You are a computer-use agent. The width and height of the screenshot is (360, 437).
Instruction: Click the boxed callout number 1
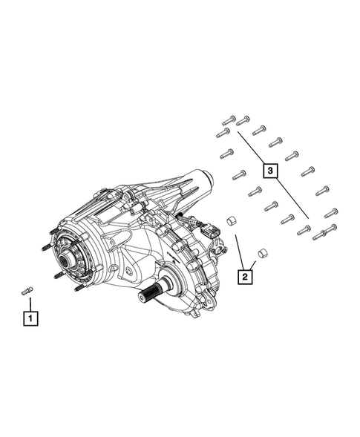click(x=30, y=319)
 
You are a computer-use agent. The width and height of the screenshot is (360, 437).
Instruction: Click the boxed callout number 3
click(x=271, y=171)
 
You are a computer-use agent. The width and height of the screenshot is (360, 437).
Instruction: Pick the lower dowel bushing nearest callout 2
click(x=261, y=254)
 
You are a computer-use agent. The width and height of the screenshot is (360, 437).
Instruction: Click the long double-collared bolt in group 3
click(x=325, y=234)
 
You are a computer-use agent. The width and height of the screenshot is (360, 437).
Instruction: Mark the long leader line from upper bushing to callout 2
click(x=239, y=252)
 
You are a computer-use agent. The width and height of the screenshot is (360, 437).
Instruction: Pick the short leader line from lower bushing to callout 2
click(x=255, y=266)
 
